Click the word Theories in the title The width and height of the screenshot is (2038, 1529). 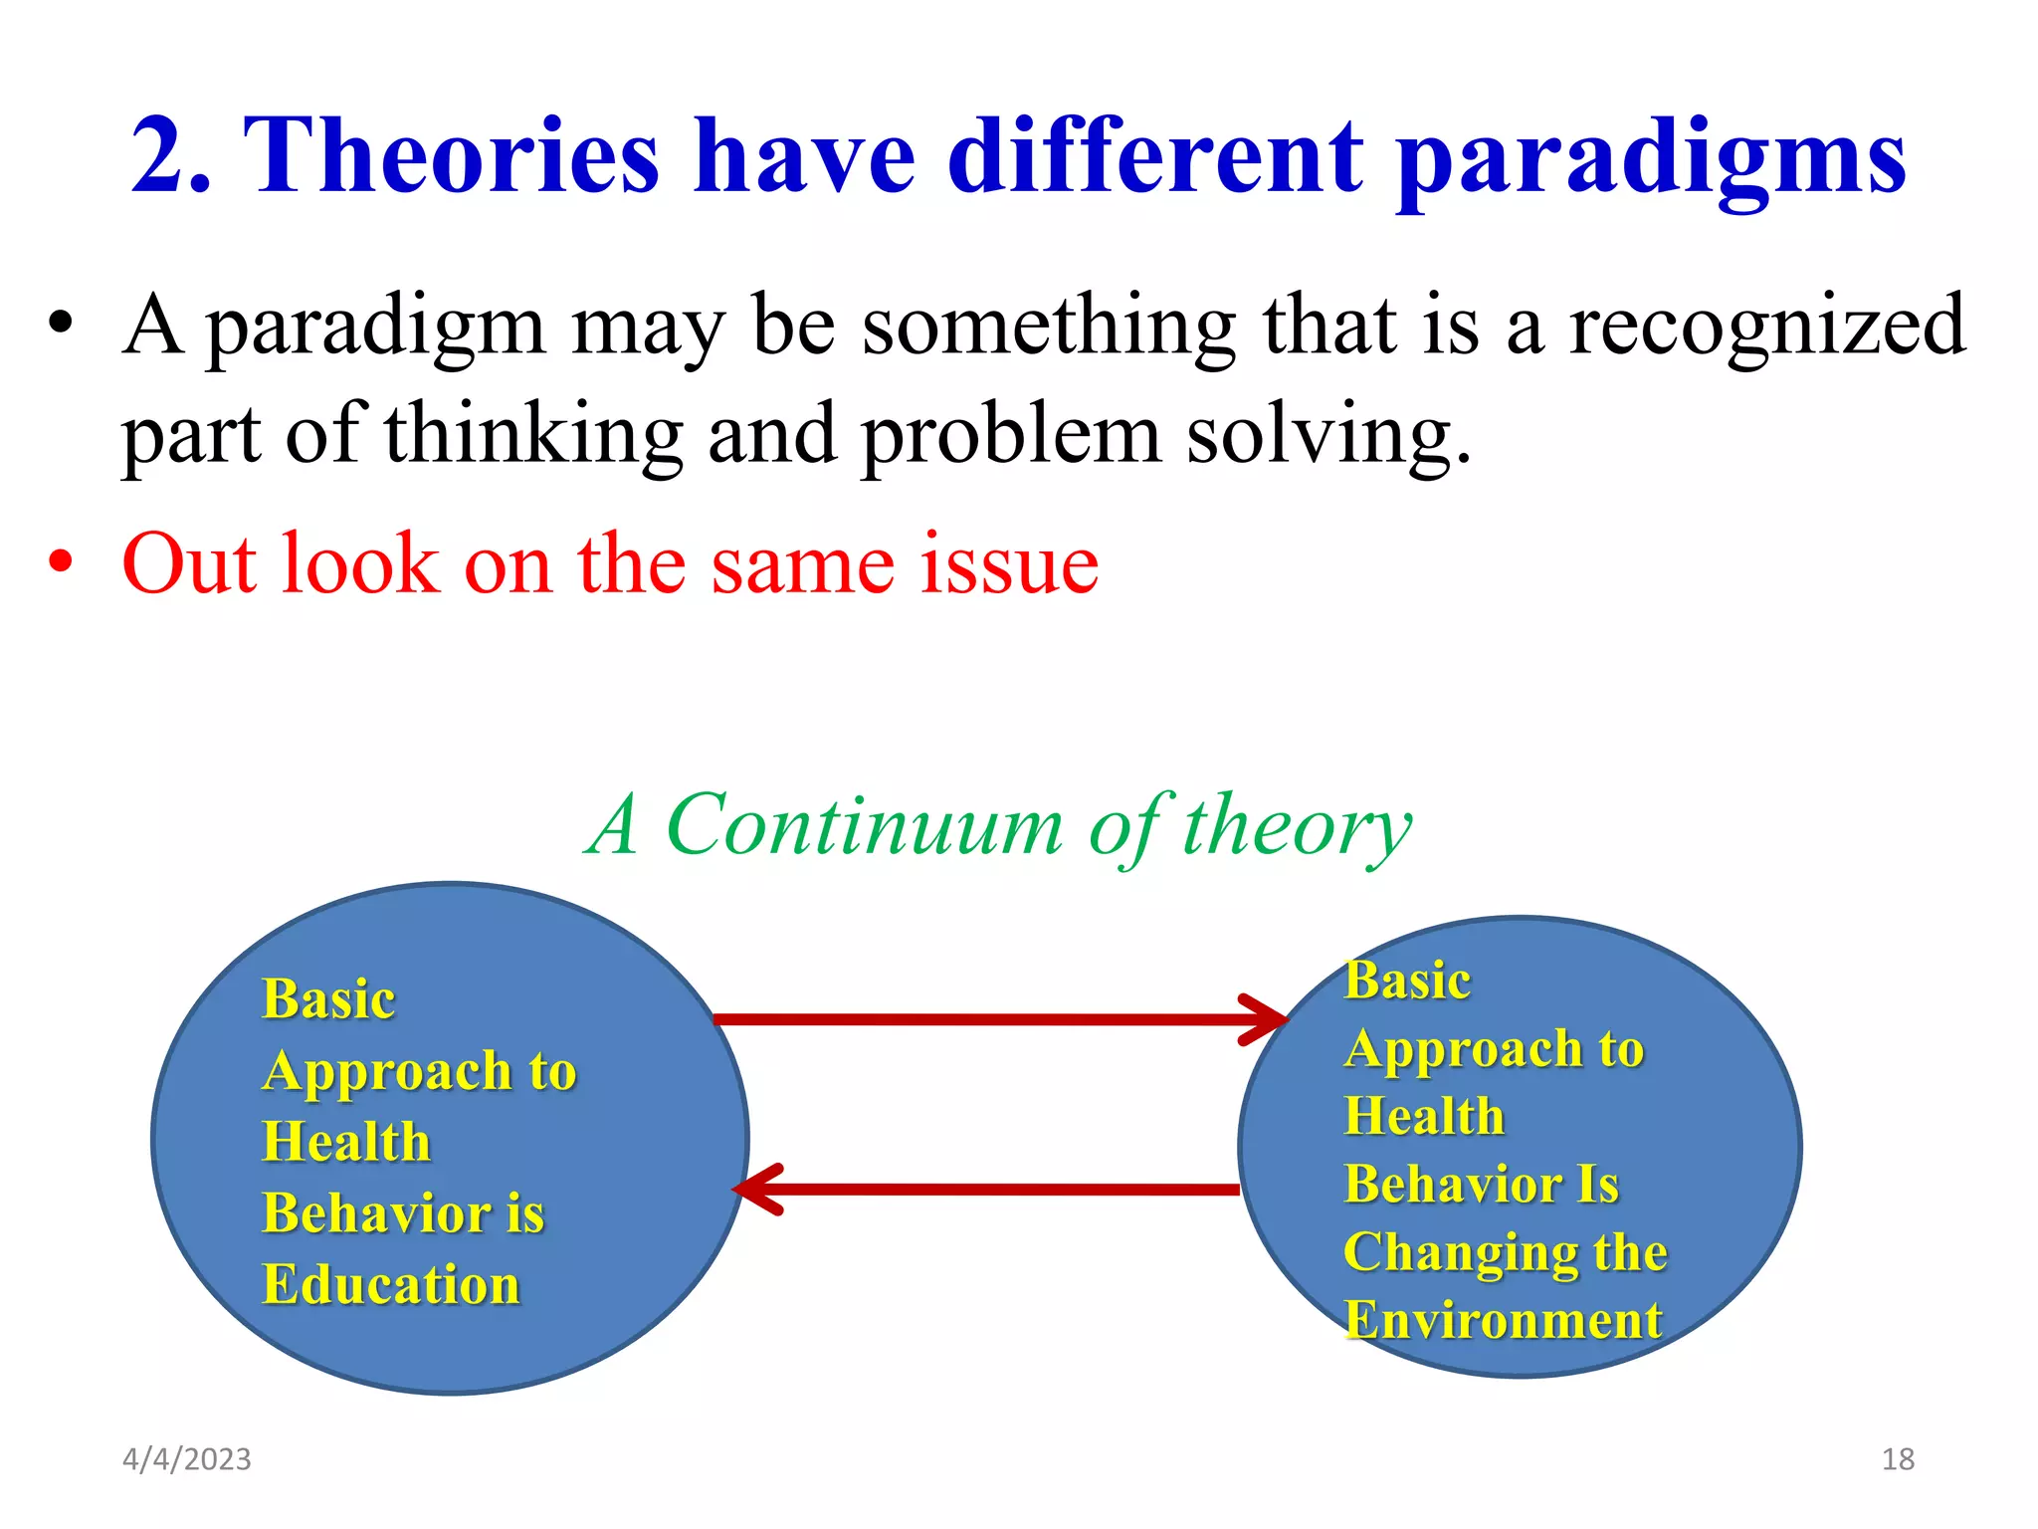point(451,157)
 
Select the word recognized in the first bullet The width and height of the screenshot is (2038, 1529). point(1766,327)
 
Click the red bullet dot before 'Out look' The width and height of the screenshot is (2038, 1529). point(61,562)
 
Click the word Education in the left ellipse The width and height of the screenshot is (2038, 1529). point(391,1284)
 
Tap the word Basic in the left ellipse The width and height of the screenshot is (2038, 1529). point(328,998)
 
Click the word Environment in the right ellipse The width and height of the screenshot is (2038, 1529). point(1503,1320)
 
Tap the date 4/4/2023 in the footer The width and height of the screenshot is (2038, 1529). point(187,1459)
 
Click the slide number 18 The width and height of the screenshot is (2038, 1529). point(1898,1459)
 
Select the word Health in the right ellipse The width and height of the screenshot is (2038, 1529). point(1424,1115)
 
